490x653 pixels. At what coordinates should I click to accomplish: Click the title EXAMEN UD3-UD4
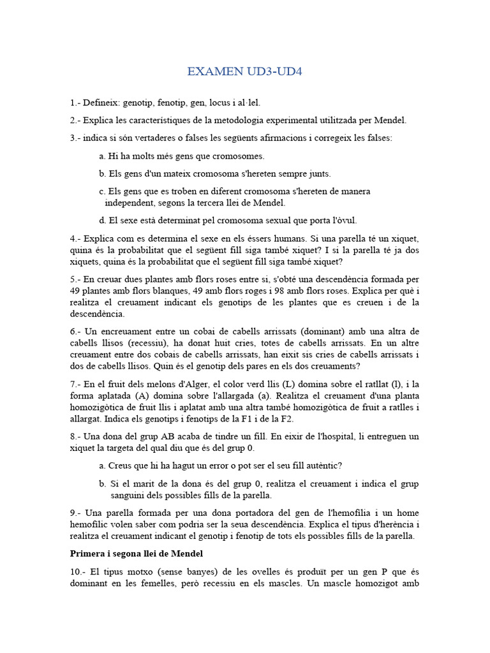244,71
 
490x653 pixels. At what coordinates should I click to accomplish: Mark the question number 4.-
76,238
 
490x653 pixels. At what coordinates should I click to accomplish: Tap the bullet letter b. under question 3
102,173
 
